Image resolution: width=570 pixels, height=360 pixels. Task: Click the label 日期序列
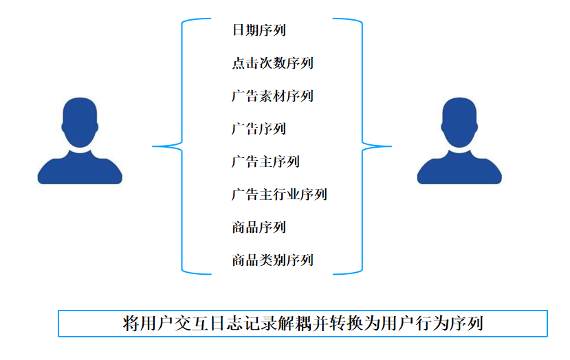pyautogui.click(x=259, y=30)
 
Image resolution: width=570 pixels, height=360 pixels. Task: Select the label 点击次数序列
pyautogui.click(x=272, y=63)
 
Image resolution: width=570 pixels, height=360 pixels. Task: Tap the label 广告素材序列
pyautogui.click(x=272, y=96)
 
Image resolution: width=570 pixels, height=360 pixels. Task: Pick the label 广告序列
pyautogui.click(x=259, y=129)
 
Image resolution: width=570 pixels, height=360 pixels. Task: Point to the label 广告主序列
pyautogui.click(x=265, y=162)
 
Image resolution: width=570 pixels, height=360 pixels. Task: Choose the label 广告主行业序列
pyautogui.click(x=279, y=194)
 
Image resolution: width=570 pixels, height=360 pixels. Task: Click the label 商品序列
pyautogui.click(x=259, y=227)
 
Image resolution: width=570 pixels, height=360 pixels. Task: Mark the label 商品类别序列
pyautogui.click(x=272, y=260)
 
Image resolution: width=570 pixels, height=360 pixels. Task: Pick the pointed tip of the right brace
pyautogui.click(x=390, y=146)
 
